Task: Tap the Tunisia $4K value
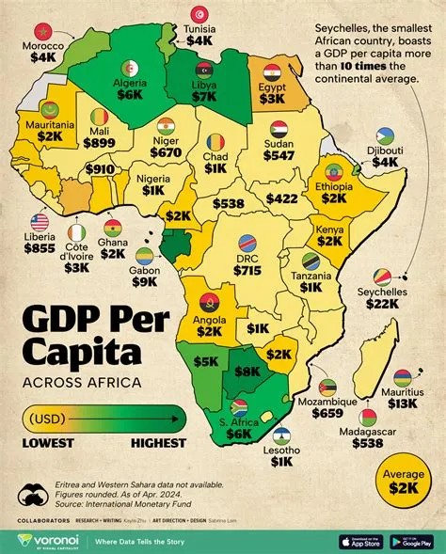coord(199,40)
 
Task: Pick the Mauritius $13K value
coord(402,402)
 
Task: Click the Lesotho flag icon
coord(283,437)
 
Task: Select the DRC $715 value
coord(247,269)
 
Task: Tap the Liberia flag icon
coord(39,222)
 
